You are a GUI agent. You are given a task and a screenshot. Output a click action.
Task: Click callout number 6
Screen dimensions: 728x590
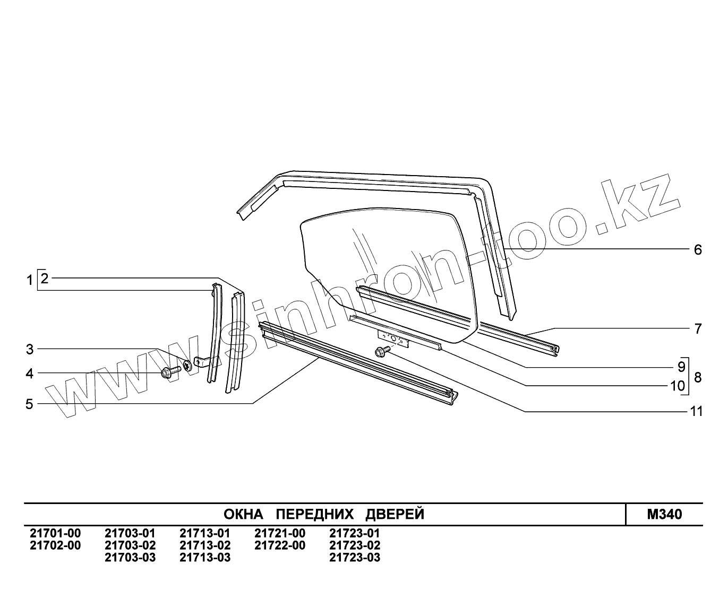coord(698,250)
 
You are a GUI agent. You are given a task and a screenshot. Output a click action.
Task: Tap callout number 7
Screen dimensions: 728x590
coord(698,329)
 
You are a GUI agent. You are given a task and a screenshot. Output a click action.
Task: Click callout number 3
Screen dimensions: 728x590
coord(30,350)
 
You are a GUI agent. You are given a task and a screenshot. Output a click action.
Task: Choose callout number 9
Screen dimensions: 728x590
coord(681,367)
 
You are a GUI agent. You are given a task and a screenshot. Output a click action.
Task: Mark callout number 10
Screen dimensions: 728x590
coord(678,386)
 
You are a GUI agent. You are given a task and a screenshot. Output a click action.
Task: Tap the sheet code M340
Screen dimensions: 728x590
coord(664,515)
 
